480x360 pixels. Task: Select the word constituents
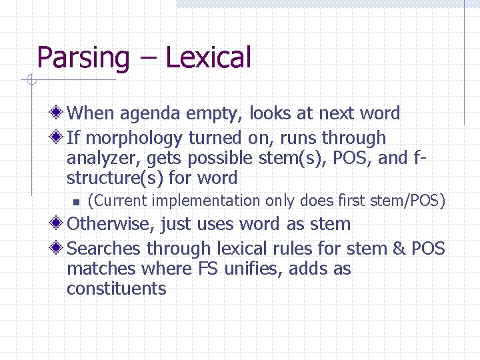pos(116,289)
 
